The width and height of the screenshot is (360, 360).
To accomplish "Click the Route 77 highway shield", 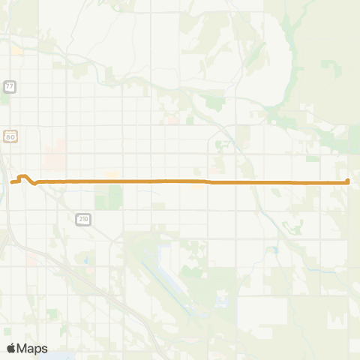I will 9,87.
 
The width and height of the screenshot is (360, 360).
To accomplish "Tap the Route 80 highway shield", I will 9,137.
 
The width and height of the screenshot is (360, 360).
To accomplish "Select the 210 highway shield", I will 82,218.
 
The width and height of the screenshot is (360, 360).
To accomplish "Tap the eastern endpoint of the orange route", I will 348,181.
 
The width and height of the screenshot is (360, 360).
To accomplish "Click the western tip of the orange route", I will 11,181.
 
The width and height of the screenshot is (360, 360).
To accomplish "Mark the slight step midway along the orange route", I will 208,181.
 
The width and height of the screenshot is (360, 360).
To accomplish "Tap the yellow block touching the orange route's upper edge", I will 112,176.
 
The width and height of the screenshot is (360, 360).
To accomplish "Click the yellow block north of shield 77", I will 16,51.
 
